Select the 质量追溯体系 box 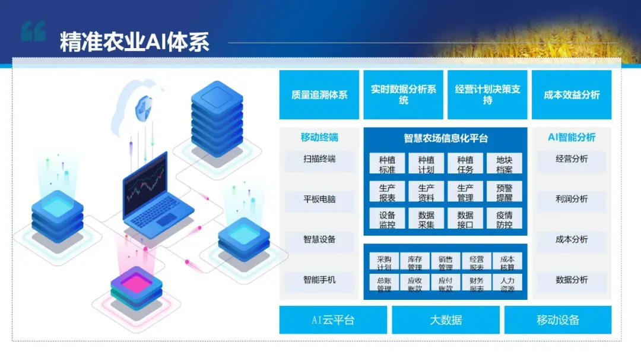point(319,95)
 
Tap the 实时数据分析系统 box point(404,95)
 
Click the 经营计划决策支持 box point(487,95)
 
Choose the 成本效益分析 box point(572,95)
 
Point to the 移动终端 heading point(319,138)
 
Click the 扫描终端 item point(319,159)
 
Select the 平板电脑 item point(319,199)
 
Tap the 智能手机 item point(319,280)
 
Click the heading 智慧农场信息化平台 point(446,138)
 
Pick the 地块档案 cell point(504,164)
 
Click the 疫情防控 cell point(504,220)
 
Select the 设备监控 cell point(387,220)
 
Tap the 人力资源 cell point(507,284)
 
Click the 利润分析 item point(572,199)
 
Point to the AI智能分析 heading point(572,137)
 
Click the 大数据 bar point(446,320)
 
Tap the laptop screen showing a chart point(146,184)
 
